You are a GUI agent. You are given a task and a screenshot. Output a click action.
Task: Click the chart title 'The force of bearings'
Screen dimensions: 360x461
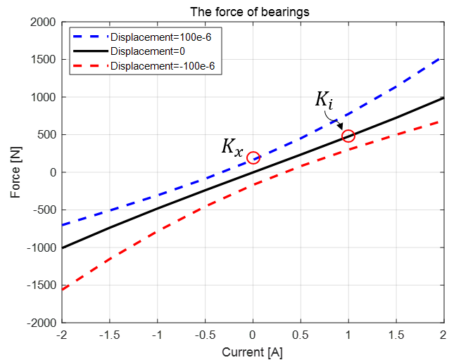coord(253,12)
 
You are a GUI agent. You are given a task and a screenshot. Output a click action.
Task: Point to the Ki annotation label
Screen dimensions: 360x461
coord(324,101)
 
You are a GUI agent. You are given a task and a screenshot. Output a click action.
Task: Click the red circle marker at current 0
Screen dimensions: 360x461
coord(253,157)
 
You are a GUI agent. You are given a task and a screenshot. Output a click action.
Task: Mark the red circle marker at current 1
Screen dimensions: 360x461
coord(348,136)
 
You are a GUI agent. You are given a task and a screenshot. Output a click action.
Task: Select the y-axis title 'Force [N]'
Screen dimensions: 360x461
coord(15,172)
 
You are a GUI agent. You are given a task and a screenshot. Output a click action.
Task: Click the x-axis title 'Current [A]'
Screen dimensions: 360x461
coord(253,350)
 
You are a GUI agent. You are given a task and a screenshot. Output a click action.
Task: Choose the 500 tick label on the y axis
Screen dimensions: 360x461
coord(46,135)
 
